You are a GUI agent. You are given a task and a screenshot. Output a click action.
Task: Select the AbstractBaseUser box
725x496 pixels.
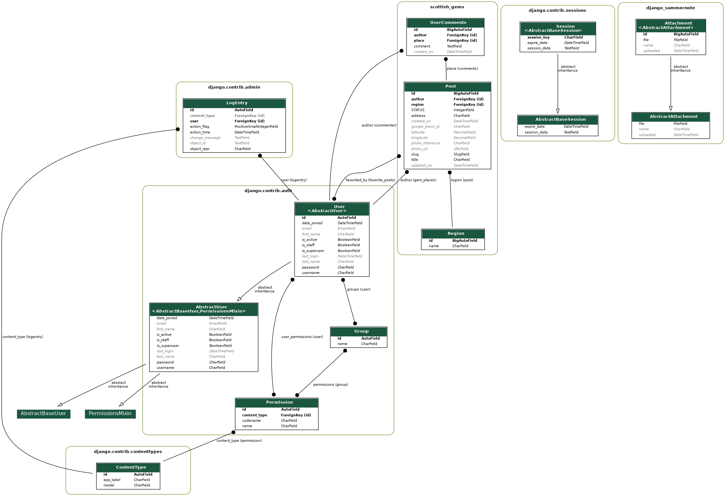pyautogui.click(x=43, y=413)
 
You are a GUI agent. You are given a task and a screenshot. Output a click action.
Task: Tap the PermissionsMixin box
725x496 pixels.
pyautogui.click(x=110, y=413)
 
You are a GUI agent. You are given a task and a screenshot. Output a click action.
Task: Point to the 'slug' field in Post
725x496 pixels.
pyautogui.click(x=415, y=155)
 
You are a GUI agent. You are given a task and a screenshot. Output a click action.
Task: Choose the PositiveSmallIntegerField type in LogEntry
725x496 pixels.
pyautogui.click(x=256, y=127)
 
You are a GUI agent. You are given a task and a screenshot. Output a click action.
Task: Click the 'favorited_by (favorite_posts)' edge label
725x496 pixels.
pyautogui.click(x=370, y=180)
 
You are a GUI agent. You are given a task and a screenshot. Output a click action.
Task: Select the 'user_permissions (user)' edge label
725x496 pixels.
pyautogui.click(x=302, y=337)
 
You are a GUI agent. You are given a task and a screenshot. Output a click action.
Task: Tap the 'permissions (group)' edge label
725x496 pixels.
pyautogui.click(x=331, y=385)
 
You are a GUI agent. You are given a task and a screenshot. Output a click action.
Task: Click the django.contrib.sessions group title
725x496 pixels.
pyautogui.click(x=557, y=11)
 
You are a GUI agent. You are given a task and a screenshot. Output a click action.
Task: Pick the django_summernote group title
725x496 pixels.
pyautogui.click(x=670, y=8)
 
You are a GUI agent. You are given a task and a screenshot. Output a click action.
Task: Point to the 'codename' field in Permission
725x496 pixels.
pyautogui.click(x=251, y=421)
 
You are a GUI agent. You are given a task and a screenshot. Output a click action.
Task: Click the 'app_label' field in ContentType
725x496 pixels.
pyautogui.click(x=112, y=480)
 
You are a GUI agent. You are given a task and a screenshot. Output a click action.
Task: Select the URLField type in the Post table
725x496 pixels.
pyautogui.click(x=461, y=149)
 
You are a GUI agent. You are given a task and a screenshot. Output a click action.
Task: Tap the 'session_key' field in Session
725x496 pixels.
pyautogui.click(x=538, y=38)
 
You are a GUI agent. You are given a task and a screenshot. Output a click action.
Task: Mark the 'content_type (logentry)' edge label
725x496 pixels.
pyautogui.click(x=23, y=337)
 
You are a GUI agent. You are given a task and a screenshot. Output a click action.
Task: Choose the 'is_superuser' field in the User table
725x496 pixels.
pyautogui.click(x=313, y=251)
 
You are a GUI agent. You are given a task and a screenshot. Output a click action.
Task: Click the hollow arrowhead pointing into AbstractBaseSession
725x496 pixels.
pyautogui.click(x=558, y=111)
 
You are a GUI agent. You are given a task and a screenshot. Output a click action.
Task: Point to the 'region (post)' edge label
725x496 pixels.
pyautogui.click(x=462, y=180)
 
